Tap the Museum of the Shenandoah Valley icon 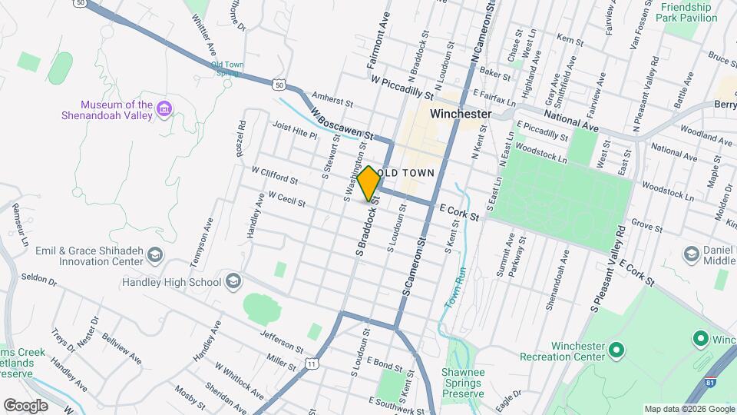coord(164,110)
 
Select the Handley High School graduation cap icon coord(233,282)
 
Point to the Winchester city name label coord(461,113)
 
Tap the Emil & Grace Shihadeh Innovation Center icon coord(156,254)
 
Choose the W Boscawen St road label coord(342,124)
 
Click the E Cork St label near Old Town coord(459,212)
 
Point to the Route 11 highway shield coord(311,364)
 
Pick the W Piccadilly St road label coord(407,87)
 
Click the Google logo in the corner coord(25,405)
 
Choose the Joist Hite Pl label coord(294,129)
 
